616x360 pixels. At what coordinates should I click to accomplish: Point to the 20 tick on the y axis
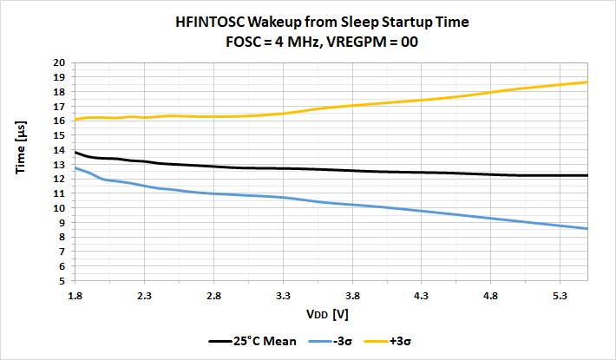click(x=60, y=62)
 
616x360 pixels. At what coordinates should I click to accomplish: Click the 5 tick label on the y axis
click(x=62, y=281)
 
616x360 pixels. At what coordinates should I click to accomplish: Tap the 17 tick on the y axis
click(x=60, y=106)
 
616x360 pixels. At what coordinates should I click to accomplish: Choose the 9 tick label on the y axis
click(x=62, y=223)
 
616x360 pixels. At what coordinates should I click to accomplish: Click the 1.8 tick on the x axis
click(x=75, y=295)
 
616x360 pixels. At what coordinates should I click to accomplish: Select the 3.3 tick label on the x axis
click(x=283, y=295)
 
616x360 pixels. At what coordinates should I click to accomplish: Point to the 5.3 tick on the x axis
click(x=560, y=295)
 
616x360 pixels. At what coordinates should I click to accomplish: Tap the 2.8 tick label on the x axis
click(x=213, y=295)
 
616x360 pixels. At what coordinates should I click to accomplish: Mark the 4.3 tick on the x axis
click(x=422, y=295)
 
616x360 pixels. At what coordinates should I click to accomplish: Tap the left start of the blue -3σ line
click(x=75, y=167)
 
